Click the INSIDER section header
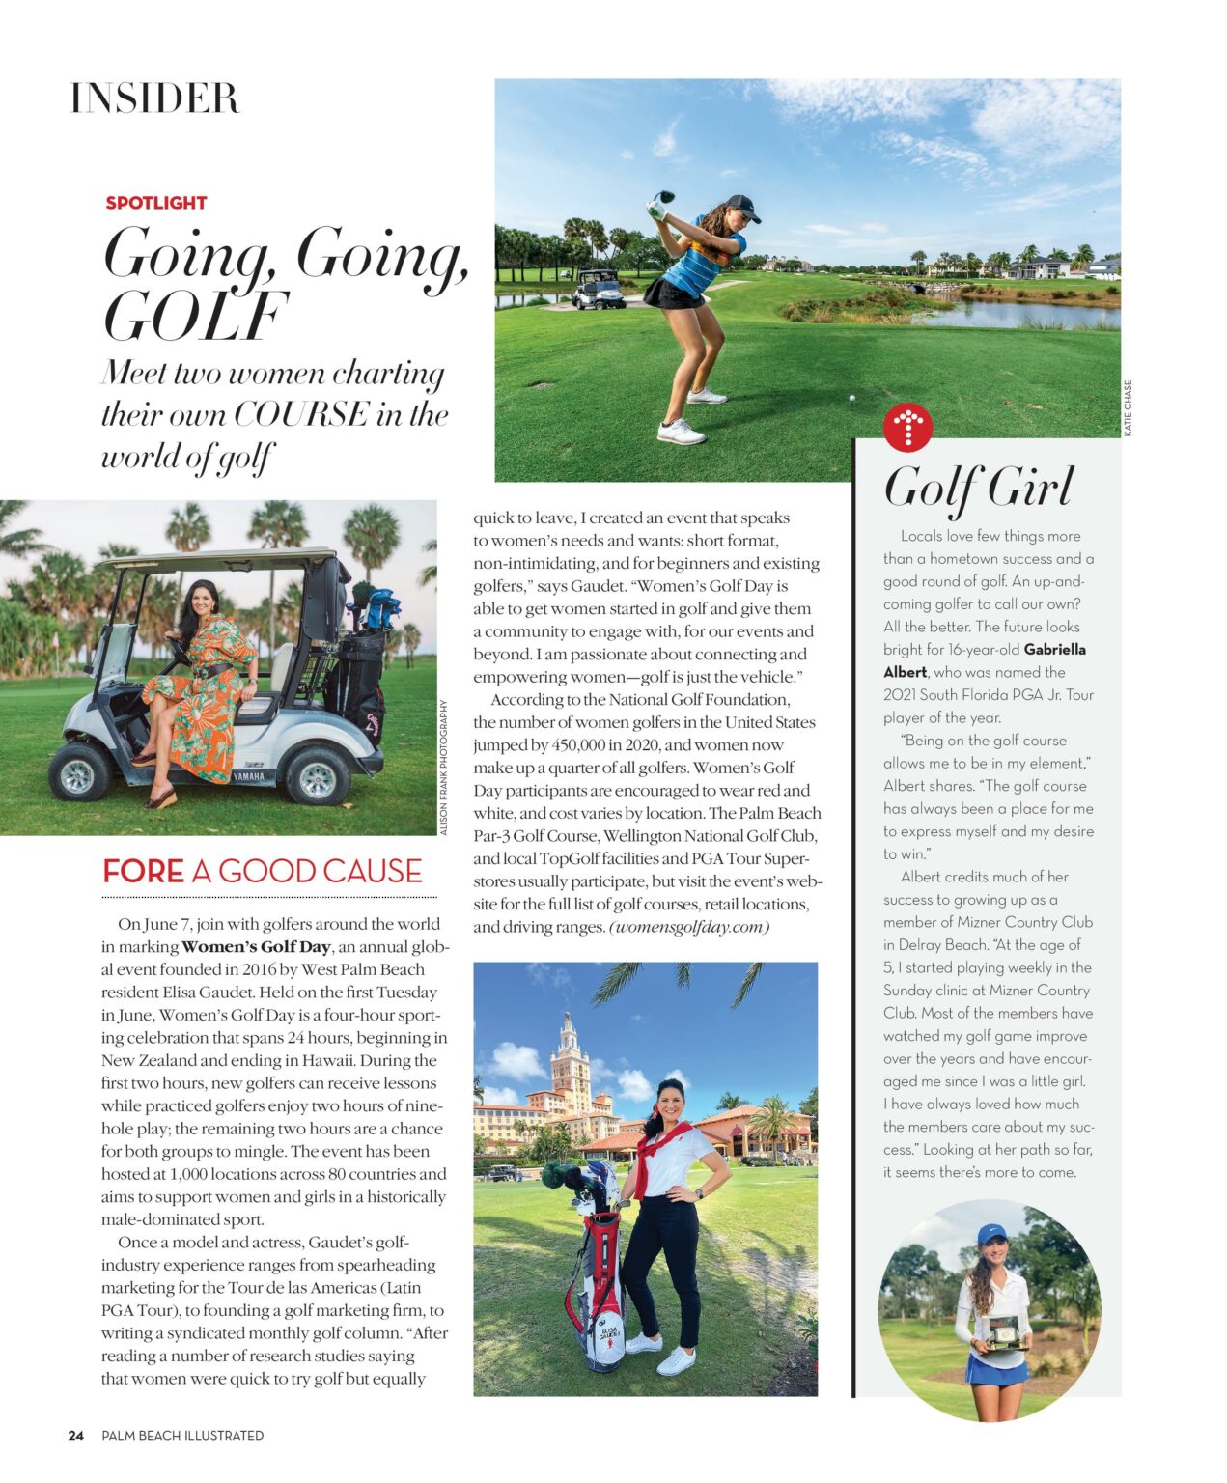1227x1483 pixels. click(x=154, y=98)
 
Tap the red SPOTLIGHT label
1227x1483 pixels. click(x=156, y=203)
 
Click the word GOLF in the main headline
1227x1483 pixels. click(x=195, y=317)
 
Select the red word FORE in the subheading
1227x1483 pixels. click(x=143, y=871)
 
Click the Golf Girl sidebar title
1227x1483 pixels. click(x=978, y=487)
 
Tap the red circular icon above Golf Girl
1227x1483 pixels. click(x=907, y=427)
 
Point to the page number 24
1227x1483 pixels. click(x=76, y=1435)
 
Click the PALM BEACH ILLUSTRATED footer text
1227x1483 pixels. click(x=182, y=1435)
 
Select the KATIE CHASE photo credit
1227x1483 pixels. click(x=1128, y=407)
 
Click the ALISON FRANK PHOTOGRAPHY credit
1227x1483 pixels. click(x=444, y=768)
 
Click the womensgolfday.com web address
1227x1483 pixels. click(x=688, y=927)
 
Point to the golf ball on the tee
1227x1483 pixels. click(x=851, y=397)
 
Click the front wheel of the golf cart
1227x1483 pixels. click(x=81, y=770)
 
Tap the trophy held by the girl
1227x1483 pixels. click(x=1003, y=1332)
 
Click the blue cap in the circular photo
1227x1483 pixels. click(x=991, y=1234)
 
